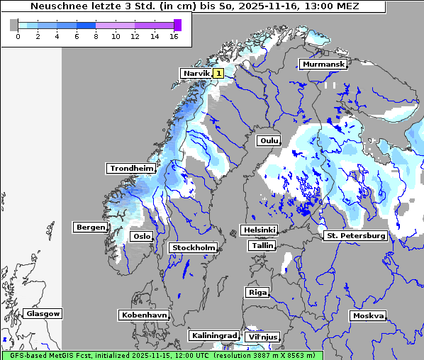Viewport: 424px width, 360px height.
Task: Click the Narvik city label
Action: pyautogui.click(x=196, y=73)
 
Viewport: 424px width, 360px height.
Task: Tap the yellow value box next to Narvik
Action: pyautogui.click(x=218, y=73)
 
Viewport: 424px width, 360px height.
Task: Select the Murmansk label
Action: pyautogui.click(x=323, y=64)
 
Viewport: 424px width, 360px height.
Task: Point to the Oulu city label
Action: pyautogui.click(x=269, y=140)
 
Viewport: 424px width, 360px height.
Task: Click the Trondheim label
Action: pyautogui.click(x=131, y=168)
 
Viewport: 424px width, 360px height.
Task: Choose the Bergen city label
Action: pyautogui.click(x=89, y=227)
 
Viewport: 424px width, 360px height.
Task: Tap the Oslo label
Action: pyautogui.click(x=142, y=236)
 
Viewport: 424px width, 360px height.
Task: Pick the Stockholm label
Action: pyautogui.click(x=193, y=247)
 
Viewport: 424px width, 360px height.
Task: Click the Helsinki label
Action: pyautogui.click(x=259, y=230)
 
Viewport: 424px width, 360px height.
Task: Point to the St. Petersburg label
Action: pyautogui.click(x=355, y=235)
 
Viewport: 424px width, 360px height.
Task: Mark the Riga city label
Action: pyautogui.click(x=257, y=292)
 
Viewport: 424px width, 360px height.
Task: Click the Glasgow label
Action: pyautogui.click(x=43, y=313)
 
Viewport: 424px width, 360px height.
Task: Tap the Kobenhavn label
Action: pyautogui.click(x=144, y=315)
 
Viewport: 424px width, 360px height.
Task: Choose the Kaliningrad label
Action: pyautogui.click(x=213, y=335)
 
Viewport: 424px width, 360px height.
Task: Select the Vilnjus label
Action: pyautogui.click(x=262, y=337)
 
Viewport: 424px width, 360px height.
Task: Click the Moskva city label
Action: pyautogui.click(x=368, y=315)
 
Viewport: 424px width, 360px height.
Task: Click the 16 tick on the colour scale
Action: pyautogui.click(x=174, y=35)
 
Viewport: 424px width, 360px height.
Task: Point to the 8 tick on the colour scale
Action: pyautogui.click(x=96, y=35)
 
